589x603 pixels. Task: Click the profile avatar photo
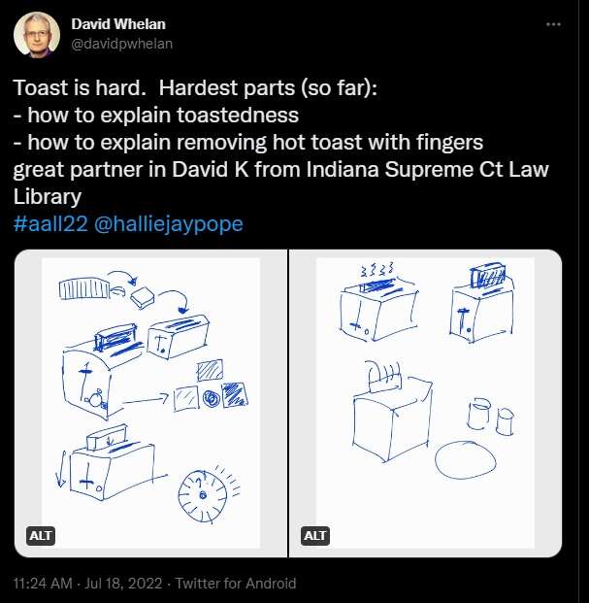37,35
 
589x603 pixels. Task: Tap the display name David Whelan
118,24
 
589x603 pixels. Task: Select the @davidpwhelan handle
122,44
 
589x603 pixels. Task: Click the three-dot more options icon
553,24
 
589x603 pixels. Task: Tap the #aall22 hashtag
50,223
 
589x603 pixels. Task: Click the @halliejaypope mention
168,224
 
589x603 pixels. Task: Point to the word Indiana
343,169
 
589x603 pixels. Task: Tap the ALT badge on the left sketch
41,536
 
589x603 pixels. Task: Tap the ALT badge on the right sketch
314,536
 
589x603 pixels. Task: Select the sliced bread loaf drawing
84,289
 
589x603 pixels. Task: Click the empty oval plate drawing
466,459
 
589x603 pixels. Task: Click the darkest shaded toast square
235,394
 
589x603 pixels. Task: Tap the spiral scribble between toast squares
211,399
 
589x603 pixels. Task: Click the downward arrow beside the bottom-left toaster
61,470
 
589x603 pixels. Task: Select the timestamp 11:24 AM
43,584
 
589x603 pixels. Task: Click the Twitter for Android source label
236,584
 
